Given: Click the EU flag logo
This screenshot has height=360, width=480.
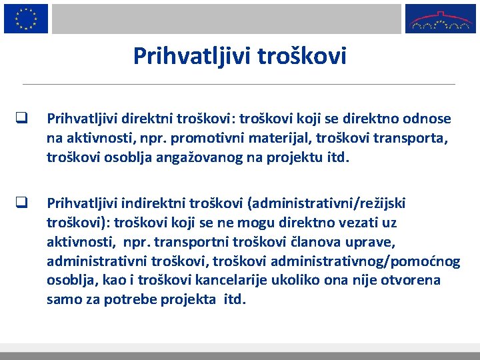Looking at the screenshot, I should tap(26, 18).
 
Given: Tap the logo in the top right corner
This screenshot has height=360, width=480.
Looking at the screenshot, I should tap(441, 19).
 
